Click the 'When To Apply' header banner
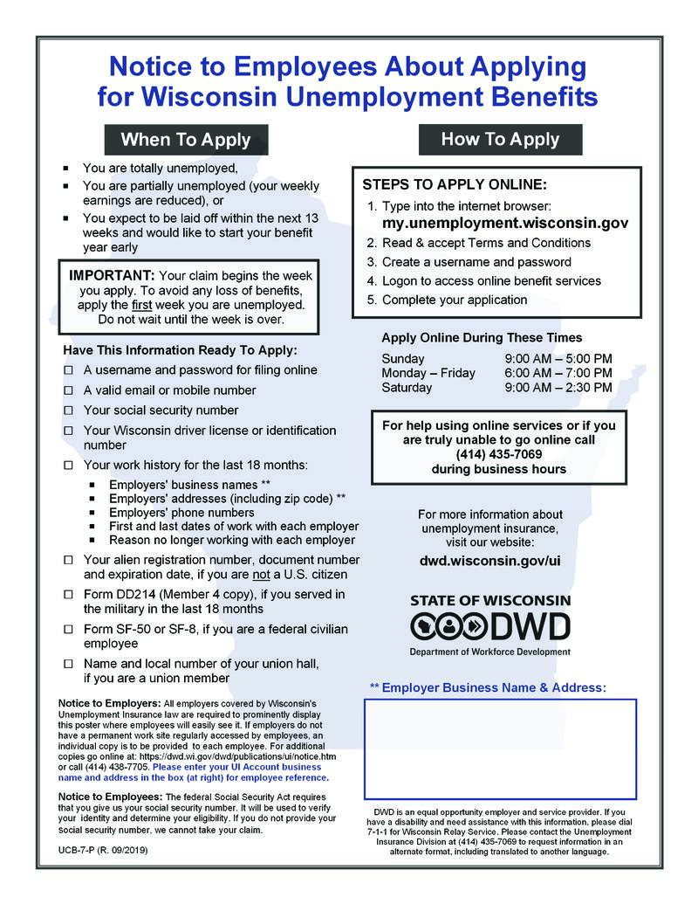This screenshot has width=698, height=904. coord(185,140)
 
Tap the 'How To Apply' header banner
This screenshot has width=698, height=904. coord(500,139)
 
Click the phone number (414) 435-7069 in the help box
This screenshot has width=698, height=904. coord(498,454)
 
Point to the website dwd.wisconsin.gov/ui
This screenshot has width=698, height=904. coord(489,559)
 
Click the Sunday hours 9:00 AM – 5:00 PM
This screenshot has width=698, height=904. coord(558,358)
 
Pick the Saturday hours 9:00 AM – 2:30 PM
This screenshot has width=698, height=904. coord(558,387)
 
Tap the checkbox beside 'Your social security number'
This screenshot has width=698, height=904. coord(68,411)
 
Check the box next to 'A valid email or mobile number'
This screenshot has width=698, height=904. coord(68,390)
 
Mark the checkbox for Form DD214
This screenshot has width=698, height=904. coord(68,595)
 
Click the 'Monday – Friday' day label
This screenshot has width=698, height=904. coord(428,373)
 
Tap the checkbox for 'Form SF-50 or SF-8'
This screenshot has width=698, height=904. coord(68,630)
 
